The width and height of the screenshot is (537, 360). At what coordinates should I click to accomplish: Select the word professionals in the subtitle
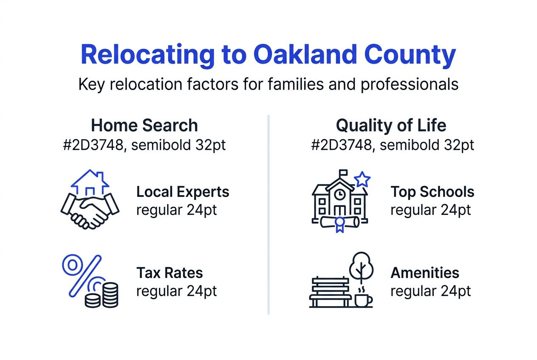[410, 84]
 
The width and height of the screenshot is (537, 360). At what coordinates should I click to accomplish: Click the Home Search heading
[144, 126]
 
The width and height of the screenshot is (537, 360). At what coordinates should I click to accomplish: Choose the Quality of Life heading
[391, 126]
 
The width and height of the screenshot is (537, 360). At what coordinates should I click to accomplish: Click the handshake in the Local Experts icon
[90, 210]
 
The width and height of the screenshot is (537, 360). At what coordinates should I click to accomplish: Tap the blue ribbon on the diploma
[339, 224]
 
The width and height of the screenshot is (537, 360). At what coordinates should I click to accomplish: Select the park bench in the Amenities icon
[330, 292]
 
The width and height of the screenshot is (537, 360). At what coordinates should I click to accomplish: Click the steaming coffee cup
[363, 299]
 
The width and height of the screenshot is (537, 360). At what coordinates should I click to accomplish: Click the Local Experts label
[183, 192]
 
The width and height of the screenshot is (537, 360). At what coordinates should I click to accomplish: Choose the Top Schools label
[432, 192]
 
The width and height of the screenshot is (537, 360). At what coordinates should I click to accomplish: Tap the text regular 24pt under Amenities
[430, 291]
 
